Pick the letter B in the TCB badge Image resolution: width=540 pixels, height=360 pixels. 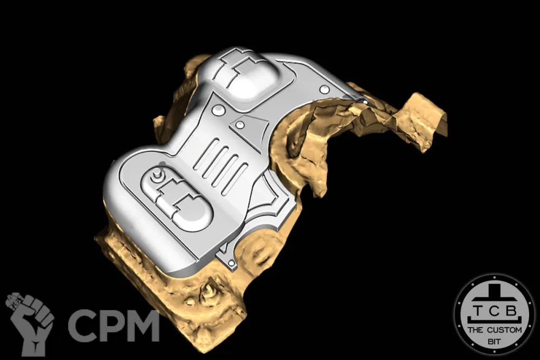pos(511,311)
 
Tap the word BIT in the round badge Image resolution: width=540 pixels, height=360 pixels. pos(494,342)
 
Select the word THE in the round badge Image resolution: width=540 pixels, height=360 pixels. pos(475,330)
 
